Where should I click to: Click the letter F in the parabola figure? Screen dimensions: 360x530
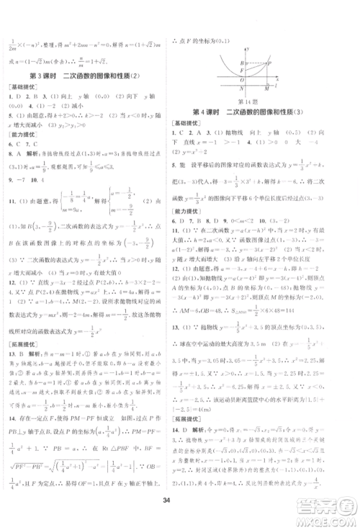[243, 71]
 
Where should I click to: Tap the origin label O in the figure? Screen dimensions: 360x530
[243, 79]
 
